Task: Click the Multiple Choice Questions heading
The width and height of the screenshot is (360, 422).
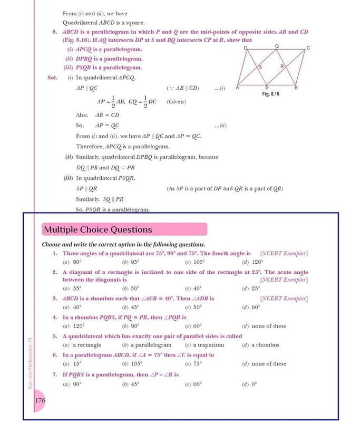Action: (98, 229)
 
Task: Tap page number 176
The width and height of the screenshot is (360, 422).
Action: (40, 401)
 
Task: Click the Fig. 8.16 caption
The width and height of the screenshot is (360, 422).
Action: (270, 93)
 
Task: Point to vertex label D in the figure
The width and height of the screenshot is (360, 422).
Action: (246, 48)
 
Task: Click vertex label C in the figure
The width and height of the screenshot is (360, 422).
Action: (308, 48)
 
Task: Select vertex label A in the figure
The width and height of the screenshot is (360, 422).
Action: (237, 88)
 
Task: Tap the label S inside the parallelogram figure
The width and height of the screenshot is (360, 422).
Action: (260, 68)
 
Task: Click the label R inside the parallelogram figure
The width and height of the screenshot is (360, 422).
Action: (282, 66)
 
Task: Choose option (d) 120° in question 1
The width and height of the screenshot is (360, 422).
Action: (252, 262)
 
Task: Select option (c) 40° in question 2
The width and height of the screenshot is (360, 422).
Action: (193, 289)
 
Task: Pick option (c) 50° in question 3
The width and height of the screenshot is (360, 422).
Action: (193, 308)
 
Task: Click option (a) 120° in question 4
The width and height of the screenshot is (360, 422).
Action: (72, 327)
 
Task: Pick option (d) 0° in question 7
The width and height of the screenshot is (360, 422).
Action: (250, 385)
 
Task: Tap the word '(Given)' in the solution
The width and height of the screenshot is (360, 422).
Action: (176, 102)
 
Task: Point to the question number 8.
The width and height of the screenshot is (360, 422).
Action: (55, 32)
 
